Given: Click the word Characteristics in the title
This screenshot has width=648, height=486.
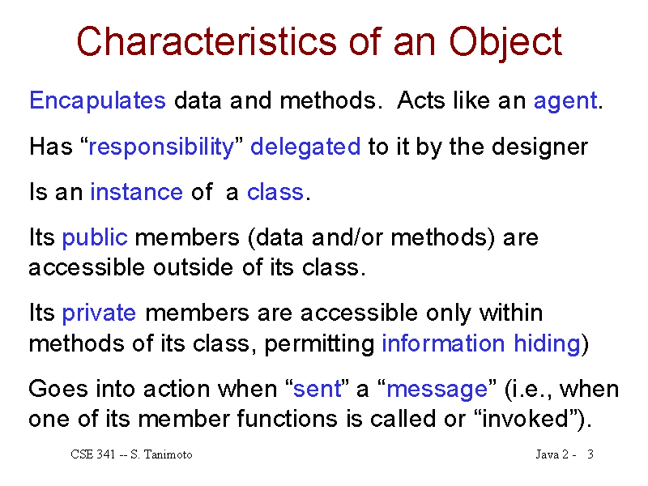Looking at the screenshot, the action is pos(207,41).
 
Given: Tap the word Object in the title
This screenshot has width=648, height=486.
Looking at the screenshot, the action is pos(505,43).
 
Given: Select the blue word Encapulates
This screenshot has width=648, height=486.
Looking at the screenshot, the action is pos(97,100).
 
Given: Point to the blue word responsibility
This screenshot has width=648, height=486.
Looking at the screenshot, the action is pos(161,147).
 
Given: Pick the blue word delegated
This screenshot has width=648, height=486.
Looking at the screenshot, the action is pos(305,147).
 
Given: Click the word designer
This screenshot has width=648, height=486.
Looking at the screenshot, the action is pos(539,147).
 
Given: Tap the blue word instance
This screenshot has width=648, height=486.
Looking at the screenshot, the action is pos(136,192).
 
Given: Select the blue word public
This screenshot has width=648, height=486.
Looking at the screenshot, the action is pos(95,238).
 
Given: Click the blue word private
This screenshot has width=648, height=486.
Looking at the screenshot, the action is pos(99,313).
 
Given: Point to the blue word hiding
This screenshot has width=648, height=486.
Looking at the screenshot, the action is pos(548,343).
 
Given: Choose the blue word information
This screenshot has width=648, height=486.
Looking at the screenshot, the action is pos(443,343).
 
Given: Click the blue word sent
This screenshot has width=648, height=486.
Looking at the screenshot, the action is pos(318,390).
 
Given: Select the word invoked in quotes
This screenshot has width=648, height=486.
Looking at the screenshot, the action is pos(526,419).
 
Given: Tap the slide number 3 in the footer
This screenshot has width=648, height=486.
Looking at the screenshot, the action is pos(590,454).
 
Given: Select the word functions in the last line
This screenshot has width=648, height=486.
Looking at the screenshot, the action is pos(288,419).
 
